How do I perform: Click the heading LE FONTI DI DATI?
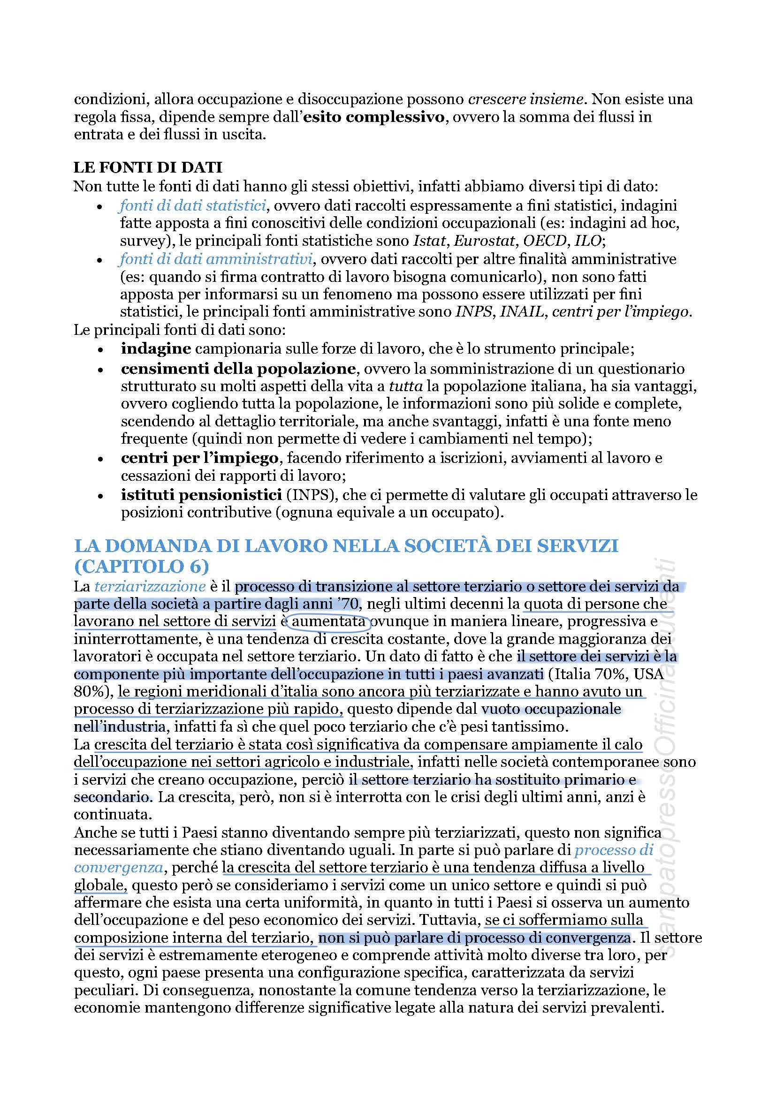[x=148, y=168]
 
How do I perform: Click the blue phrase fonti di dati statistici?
[x=192, y=205]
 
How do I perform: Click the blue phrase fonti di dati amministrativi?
[x=216, y=259]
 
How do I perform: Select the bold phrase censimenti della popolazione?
[x=238, y=369]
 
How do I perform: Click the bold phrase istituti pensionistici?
[x=201, y=495]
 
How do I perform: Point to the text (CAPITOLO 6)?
[x=141, y=567]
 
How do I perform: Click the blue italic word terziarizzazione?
[x=150, y=586]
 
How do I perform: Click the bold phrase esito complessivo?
[x=373, y=117]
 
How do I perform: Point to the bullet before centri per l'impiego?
[x=99, y=459]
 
